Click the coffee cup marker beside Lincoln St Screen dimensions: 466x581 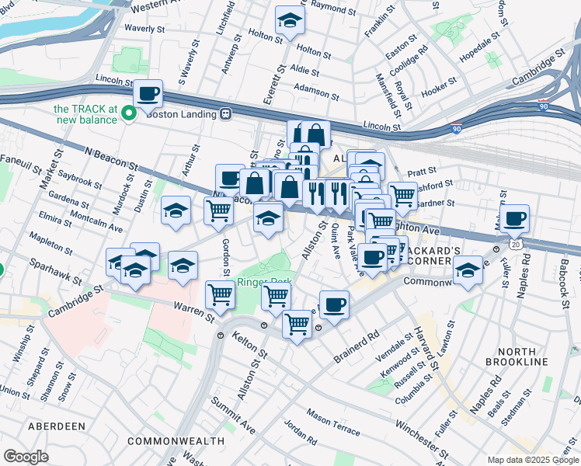click(x=148, y=95)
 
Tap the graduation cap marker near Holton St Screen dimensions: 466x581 click(x=290, y=21)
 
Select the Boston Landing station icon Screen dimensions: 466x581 click(x=226, y=113)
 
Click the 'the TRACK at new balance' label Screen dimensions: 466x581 click(x=85, y=113)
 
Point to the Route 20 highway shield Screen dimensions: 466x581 click(x=515, y=243)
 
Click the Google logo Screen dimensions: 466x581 click(x=26, y=457)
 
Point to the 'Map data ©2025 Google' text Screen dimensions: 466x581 click(x=532, y=460)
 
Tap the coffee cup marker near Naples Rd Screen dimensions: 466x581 click(x=514, y=220)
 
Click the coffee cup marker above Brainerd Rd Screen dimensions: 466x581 click(x=334, y=304)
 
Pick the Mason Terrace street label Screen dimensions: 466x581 click(x=332, y=423)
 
